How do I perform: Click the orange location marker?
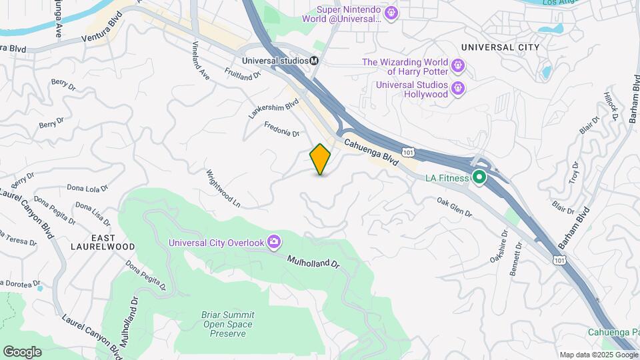pyautogui.click(x=320, y=159)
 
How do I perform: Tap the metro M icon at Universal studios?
pyautogui.click(x=314, y=60)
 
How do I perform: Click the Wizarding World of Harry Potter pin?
pyautogui.click(x=457, y=65)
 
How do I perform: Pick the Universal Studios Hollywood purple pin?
pyautogui.click(x=457, y=88)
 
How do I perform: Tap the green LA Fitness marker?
pyautogui.click(x=479, y=177)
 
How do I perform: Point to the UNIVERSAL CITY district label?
pyautogui.click(x=500, y=47)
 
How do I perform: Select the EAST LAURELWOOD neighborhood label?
pyautogui.click(x=103, y=242)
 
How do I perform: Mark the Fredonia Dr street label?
pyautogui.click(x=282, y=128)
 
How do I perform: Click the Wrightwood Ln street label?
pyautogui.click(x=222, y=186)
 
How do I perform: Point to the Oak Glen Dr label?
pyautogui.click(x=454, y=207)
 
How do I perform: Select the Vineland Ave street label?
pyautogui.click(x=201, y=62)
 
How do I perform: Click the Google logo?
pyautogui.click(x=22, y=351)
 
